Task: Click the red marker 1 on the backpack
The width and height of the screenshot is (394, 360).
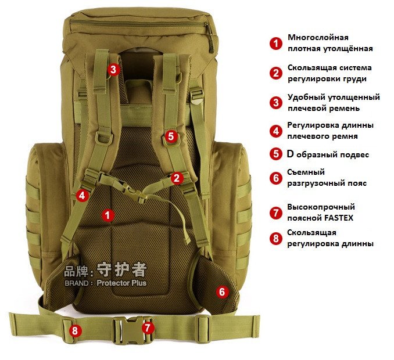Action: [x=108, y=215]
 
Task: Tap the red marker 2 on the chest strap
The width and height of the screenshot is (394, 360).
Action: [x=177, y=178]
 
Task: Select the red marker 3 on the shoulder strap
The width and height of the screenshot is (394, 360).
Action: [x=113, y=69]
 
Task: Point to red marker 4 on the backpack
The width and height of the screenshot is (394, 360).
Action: [x=82, y=196]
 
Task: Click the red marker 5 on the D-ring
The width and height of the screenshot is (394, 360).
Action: [x=171, y=136]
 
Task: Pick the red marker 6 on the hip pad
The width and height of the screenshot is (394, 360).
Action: [x=222, y=291]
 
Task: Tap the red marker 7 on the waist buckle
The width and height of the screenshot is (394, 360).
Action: [x=148, y=327]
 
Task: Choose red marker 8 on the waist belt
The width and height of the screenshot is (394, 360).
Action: [x=75, y=330]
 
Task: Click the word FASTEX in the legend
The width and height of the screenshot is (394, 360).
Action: [x=339, y=218]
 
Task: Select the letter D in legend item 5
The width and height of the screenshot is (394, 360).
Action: [x=290, y=154]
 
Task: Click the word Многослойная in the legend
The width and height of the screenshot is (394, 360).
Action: [x=318, y=37]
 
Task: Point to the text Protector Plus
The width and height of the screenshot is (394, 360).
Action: [x=121, y=283]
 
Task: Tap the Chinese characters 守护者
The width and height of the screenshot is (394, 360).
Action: [x=122, y=269]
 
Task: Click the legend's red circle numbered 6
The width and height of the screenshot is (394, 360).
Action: [x=276, y=178]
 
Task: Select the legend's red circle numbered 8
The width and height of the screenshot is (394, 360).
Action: [x=276, y=238]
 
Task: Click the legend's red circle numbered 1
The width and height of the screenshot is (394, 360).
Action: [x=276, y=44]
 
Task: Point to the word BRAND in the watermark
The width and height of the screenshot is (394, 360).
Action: [x=77, y=283]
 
